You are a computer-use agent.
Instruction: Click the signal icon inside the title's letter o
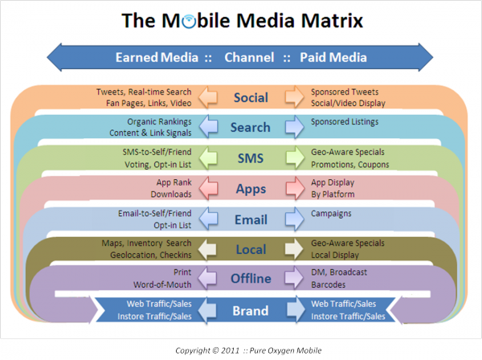[x=189, y=21]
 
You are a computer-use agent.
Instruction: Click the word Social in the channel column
[x=251, y=97]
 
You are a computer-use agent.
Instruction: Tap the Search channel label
[x=250, y=127]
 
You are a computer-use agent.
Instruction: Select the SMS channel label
[x=251, y=158]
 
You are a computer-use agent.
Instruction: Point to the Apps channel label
[x=251, y=189]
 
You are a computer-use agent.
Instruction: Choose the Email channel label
[x=251, y=219]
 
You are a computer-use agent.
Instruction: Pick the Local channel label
[x=251, y=249]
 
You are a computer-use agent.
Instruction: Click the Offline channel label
[x=251, y=278]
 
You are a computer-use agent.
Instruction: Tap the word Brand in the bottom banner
[x=251, y=311]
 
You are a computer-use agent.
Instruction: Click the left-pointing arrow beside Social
[x=208, y=97]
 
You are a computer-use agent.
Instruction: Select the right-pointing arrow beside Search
[x=295, y=126]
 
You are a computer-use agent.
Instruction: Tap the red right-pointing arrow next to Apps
[x=295, y=188]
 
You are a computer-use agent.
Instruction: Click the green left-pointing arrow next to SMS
[x=208, y=157]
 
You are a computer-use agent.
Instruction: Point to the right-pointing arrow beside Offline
[x=294, y=277]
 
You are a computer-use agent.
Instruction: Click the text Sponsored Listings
[x=345, y=122]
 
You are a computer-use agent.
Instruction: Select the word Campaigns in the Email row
[x=331, y=214]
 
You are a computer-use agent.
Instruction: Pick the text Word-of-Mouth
[x=162, y=284]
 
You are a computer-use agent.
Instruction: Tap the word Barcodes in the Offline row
[x=329, y=284]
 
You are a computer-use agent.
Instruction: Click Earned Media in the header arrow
[x=157, y=58]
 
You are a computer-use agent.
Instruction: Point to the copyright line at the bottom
[x=248, y=350]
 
